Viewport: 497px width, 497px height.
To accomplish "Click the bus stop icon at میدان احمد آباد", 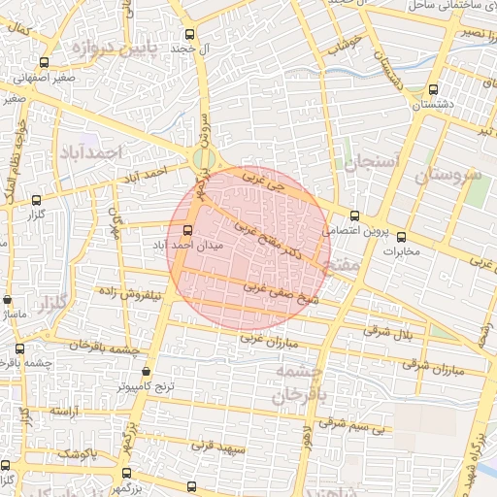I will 187,230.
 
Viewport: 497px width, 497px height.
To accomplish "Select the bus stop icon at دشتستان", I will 431,91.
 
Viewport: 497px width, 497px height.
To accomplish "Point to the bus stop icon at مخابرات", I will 401,236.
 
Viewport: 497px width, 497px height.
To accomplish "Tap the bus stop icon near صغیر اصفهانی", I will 20,78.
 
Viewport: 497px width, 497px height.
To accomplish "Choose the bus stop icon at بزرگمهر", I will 126,473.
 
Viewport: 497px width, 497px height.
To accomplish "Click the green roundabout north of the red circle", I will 203,158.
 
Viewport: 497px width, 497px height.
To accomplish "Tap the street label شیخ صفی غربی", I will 282,295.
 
